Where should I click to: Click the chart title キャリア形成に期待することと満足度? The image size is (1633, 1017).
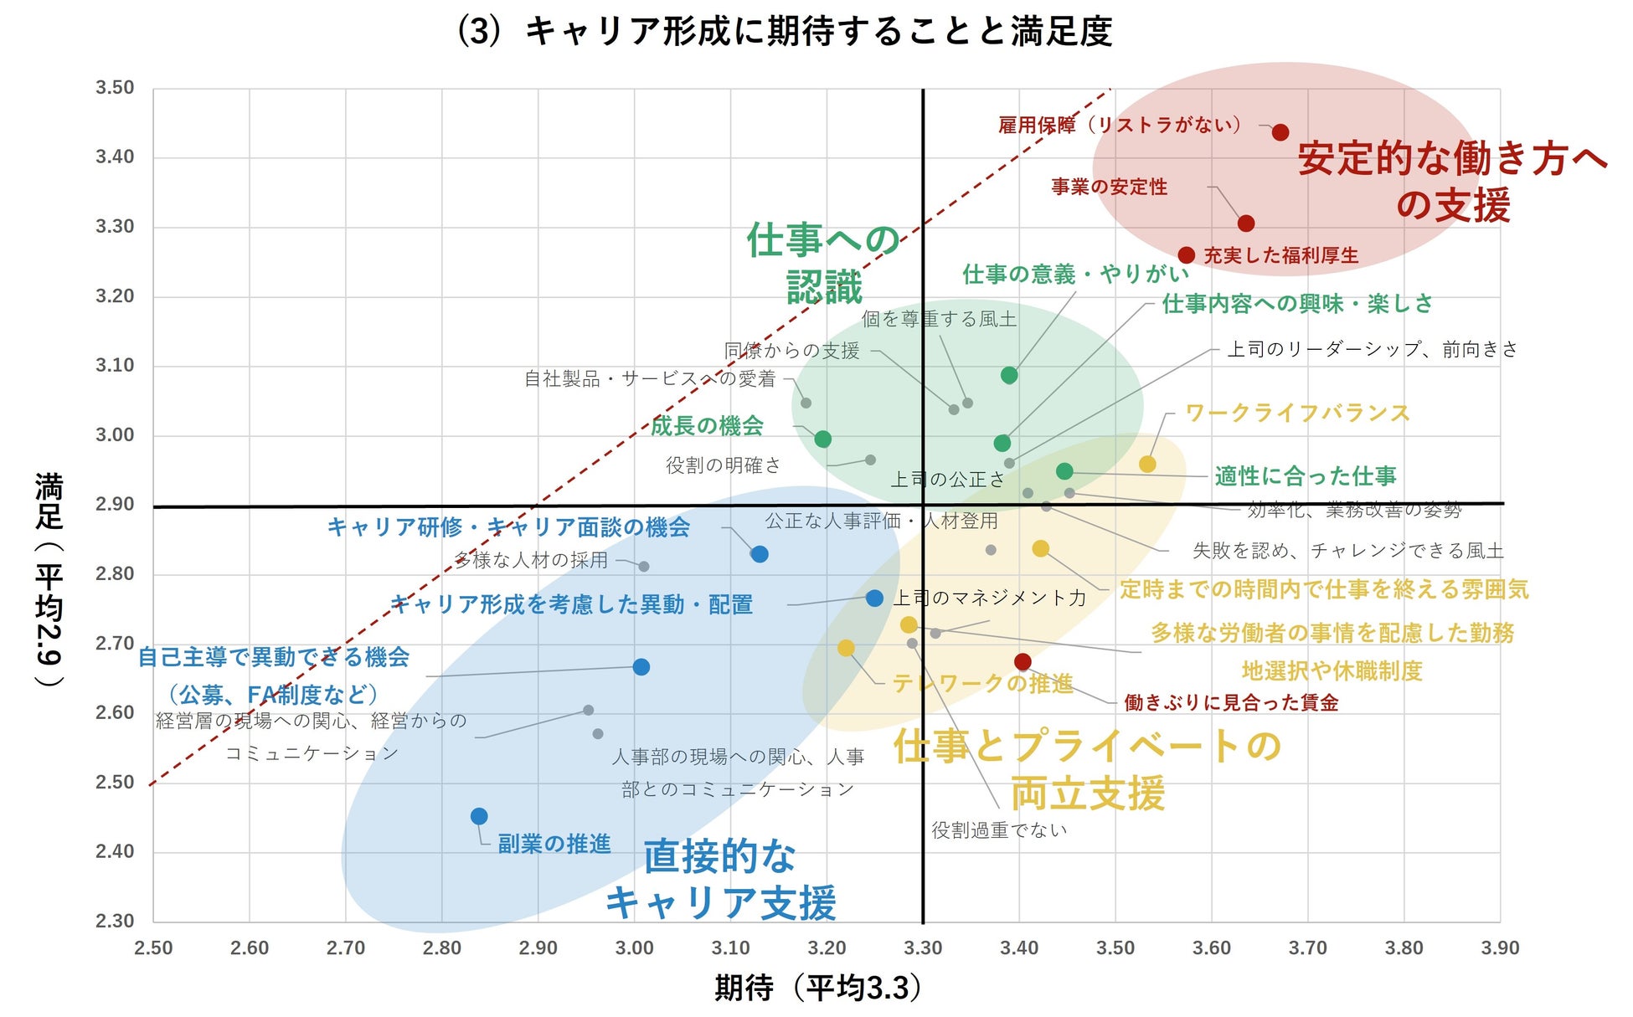coord(785,32)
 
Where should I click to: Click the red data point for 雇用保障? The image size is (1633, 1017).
coord(1280,132)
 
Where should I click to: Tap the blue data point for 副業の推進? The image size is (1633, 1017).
coord(479,816)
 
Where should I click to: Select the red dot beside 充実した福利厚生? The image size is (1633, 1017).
coord(1186,255)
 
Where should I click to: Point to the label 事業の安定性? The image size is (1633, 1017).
coord(1109,187)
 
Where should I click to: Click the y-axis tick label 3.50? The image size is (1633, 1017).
coord(115,88)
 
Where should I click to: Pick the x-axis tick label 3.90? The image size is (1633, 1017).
coord(1499,948)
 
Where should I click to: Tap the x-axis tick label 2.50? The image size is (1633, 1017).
coord(153,948)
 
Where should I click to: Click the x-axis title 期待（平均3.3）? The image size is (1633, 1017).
coord(819,988)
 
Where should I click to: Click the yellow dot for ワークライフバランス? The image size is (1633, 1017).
coord(1147,465)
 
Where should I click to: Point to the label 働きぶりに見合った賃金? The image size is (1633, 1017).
coord(1230,702)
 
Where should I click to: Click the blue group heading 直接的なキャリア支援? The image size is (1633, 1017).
coord(720,879)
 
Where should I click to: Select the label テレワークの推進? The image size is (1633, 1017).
coord(982,684)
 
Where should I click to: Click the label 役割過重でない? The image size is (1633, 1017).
coord(999,830)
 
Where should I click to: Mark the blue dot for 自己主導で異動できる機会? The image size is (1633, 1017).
coord(641,667)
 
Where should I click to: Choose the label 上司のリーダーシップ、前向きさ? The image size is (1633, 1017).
coord(1372,349)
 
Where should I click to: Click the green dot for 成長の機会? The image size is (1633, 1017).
coord(822,439)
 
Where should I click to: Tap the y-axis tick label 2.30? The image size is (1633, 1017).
coord(115,921)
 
